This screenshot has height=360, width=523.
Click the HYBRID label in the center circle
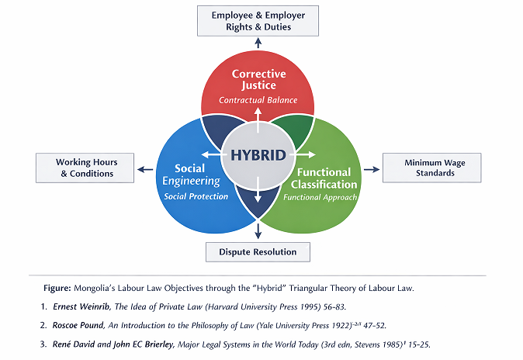258,155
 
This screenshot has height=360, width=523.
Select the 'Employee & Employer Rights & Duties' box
258,21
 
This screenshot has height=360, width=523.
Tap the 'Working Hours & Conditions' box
85,168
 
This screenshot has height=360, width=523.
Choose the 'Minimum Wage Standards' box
432,168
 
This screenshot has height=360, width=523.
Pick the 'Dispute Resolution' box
258,252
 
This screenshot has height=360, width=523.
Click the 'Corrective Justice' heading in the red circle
259,79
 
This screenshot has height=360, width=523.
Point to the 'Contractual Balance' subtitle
258,100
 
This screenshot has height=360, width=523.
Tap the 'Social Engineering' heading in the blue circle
191,175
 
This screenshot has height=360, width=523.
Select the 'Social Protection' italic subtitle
196,196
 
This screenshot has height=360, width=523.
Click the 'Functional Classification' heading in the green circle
324,178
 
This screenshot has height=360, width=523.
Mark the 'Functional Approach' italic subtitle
320,197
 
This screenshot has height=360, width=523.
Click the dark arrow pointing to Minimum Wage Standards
372,169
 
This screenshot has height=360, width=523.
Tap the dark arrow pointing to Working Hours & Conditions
145,169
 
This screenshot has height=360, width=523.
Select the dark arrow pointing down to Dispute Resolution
258,231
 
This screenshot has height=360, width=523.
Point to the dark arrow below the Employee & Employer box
258,43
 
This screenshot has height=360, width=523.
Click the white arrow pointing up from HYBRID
258,120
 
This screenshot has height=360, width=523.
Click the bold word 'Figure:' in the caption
57,288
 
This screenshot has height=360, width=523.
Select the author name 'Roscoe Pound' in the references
78,325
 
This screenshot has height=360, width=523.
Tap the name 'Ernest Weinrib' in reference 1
81,306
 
